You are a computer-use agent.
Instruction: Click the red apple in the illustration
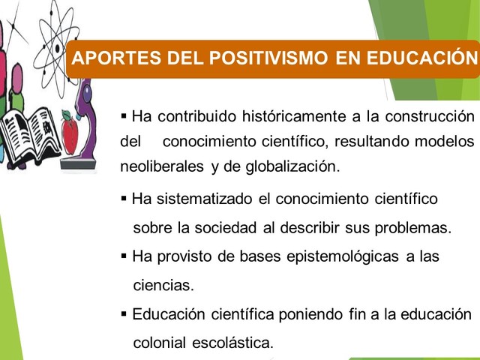tap(70, 133)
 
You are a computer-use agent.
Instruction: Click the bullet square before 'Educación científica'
tap(124, 314)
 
